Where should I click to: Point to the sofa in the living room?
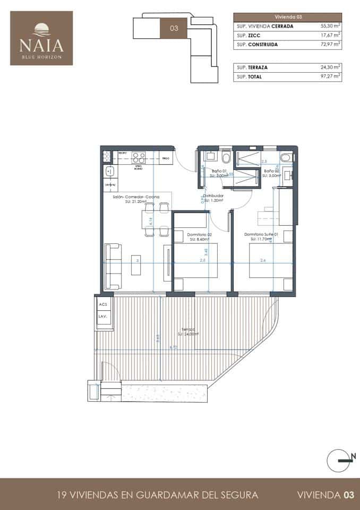pos(112,265)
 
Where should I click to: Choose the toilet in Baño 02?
pos(287,157)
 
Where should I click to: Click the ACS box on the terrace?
pos(102,304)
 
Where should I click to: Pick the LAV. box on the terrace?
pos(102,317)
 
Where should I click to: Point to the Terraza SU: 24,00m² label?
pos(188,331)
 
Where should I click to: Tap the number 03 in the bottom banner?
pos(348,495)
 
